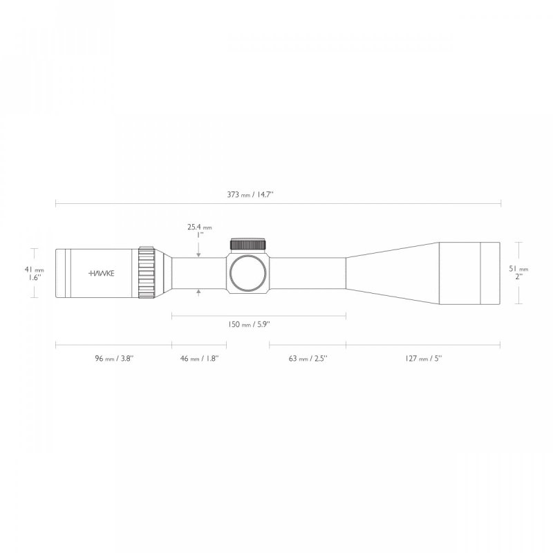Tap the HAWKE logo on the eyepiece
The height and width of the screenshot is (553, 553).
(102, 273)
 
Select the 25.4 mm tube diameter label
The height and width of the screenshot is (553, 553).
(199, 227)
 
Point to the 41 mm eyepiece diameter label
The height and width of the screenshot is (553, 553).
(35, 269)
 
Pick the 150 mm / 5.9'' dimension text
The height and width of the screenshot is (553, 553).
(259, 324)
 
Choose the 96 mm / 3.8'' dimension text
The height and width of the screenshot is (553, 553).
(113, 359)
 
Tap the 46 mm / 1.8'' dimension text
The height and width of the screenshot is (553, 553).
(199, 359)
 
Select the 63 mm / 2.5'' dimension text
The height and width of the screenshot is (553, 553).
(308, 359)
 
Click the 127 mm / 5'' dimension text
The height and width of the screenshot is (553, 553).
(424, 359)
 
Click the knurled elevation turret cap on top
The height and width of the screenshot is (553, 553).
(247, 244)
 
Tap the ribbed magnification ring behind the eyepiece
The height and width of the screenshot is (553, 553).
(147, 273)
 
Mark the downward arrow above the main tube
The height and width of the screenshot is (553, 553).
(199, 254)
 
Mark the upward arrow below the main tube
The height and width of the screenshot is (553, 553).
(199, 293)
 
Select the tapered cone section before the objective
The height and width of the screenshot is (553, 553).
(391, 273)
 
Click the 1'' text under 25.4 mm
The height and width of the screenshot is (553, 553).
(199, 235)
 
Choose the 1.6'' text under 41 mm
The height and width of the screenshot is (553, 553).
(35, 277)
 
